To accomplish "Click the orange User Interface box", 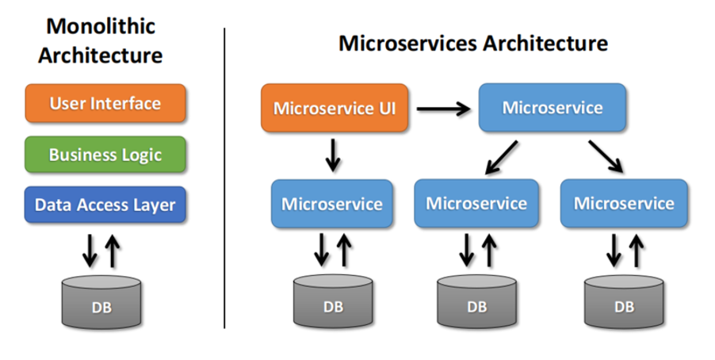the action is click(x=105, y=103).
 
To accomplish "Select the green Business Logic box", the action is click(x=105, y=154).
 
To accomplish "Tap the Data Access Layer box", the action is click(x=105, y=205).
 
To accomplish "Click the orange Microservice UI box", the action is click(x=335, y=108).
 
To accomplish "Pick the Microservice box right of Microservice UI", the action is click(x=552, y=108).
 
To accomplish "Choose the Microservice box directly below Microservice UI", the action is click(x=332, y=204).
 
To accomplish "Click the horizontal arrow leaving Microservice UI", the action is click(x=443, y=109).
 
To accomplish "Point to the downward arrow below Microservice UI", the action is click(x=333, y=155).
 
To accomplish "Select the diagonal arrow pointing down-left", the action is click(x=501, y=158).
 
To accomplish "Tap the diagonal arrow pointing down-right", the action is click(x=606, y=156).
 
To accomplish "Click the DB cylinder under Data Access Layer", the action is click(x=101, y=302).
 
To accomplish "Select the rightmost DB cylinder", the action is click(x=624, y=301).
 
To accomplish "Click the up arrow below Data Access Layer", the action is click(x=113, y=251).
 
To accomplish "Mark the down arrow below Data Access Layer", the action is click(x=90, y=251).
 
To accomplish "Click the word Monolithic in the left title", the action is click(x=101, y=26).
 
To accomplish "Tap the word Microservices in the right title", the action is click(x=407, y=44).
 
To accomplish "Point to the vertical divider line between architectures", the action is click(x=224, y=178).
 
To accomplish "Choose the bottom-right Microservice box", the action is click(x=624, y=204).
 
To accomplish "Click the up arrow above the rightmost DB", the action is click(x=636, y=250).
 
